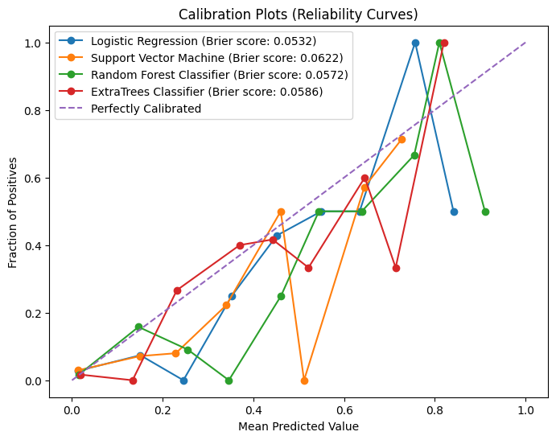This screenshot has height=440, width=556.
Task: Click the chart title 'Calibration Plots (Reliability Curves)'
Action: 299,14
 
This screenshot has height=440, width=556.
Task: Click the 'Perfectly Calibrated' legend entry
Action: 146,109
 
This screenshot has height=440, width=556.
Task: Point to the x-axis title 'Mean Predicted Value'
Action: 299,427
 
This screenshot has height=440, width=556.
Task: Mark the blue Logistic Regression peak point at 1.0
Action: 415,43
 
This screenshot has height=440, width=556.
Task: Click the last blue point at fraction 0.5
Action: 454,212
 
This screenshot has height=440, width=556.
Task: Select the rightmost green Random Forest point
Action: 485,212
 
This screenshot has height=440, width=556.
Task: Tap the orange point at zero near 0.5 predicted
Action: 304,380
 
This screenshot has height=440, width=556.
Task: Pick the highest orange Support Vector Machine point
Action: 402,139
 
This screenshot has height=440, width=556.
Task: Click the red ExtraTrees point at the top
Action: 444,43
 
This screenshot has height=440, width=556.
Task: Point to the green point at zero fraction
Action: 229,380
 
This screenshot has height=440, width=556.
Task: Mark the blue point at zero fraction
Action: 183,380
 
